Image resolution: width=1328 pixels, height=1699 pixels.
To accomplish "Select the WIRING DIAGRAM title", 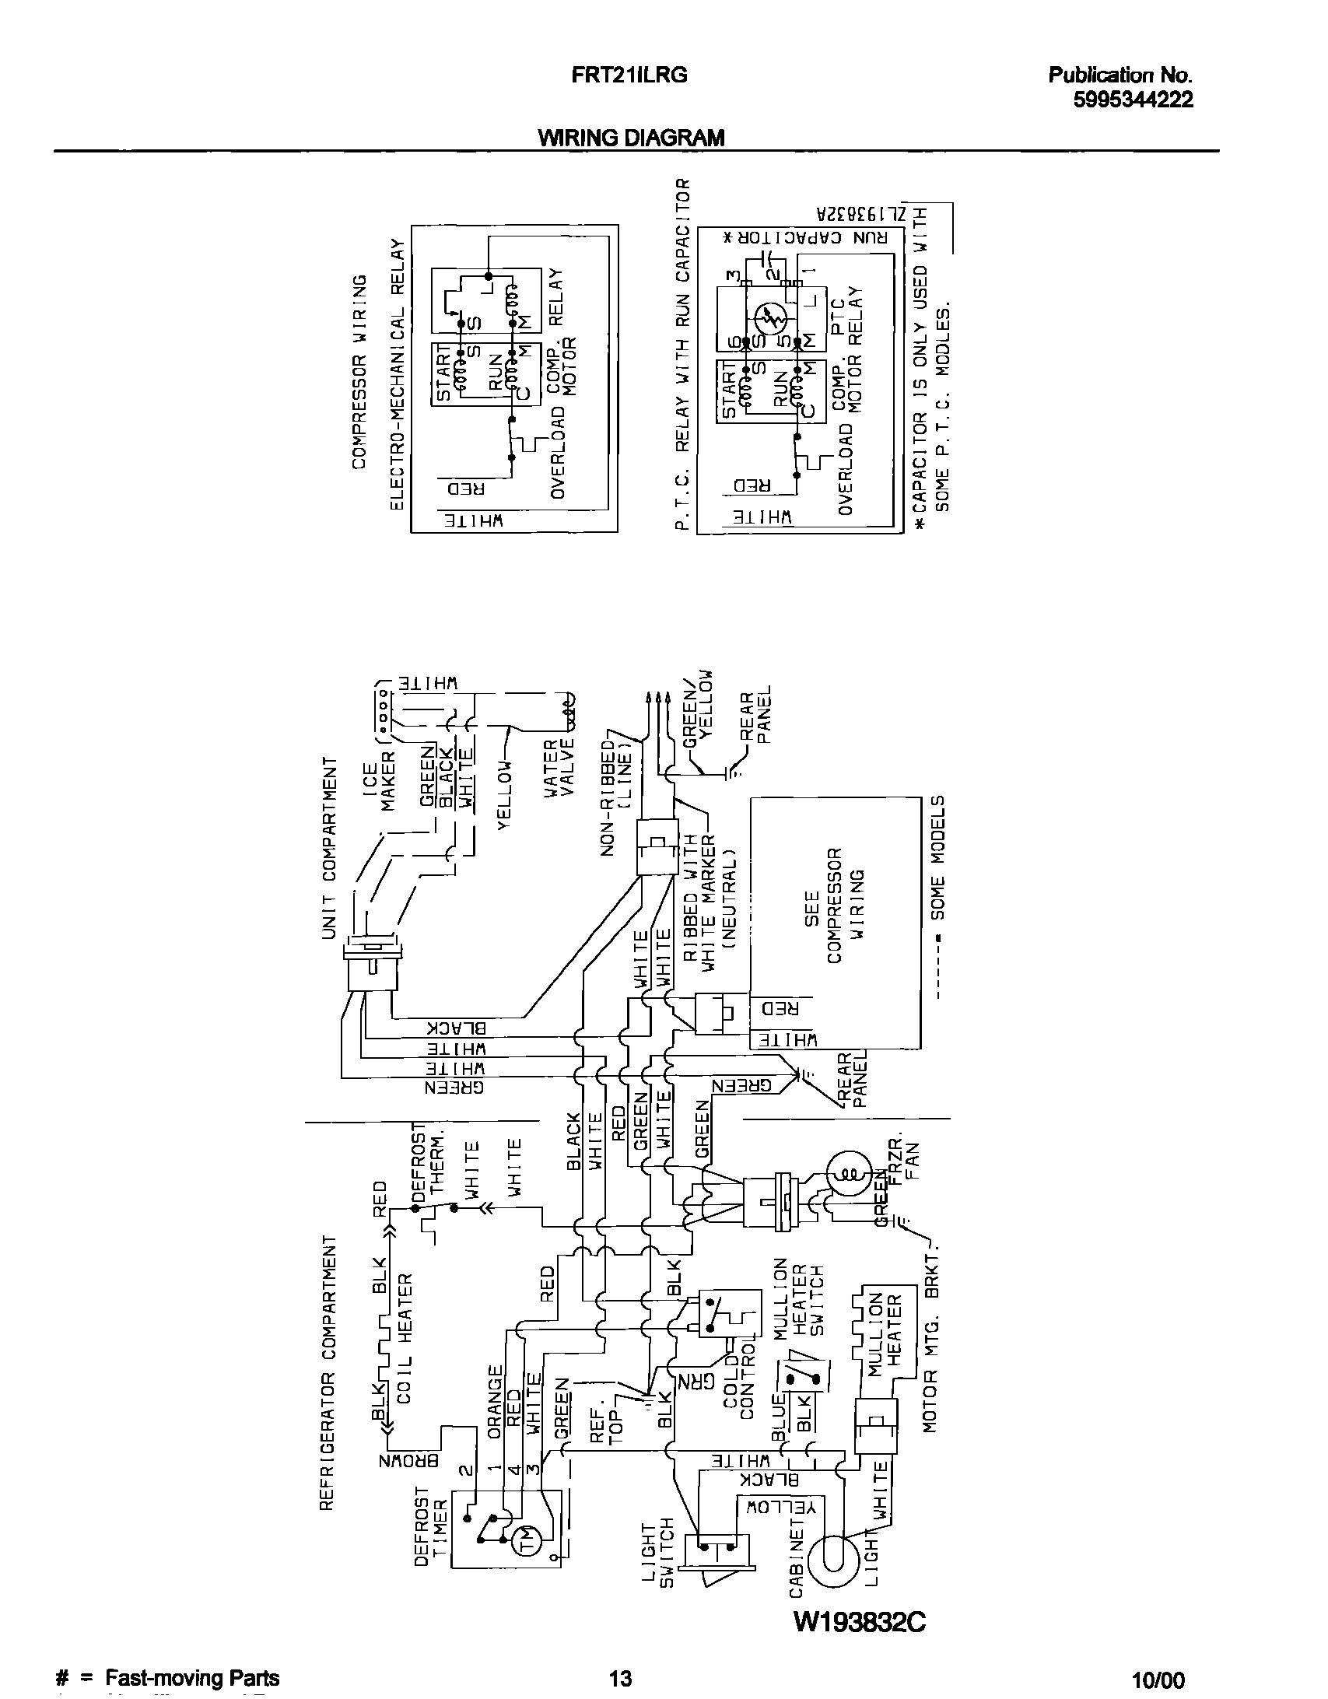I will tap(631, 138).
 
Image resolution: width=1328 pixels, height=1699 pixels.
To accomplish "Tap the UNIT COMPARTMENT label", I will tap(330, 847).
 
